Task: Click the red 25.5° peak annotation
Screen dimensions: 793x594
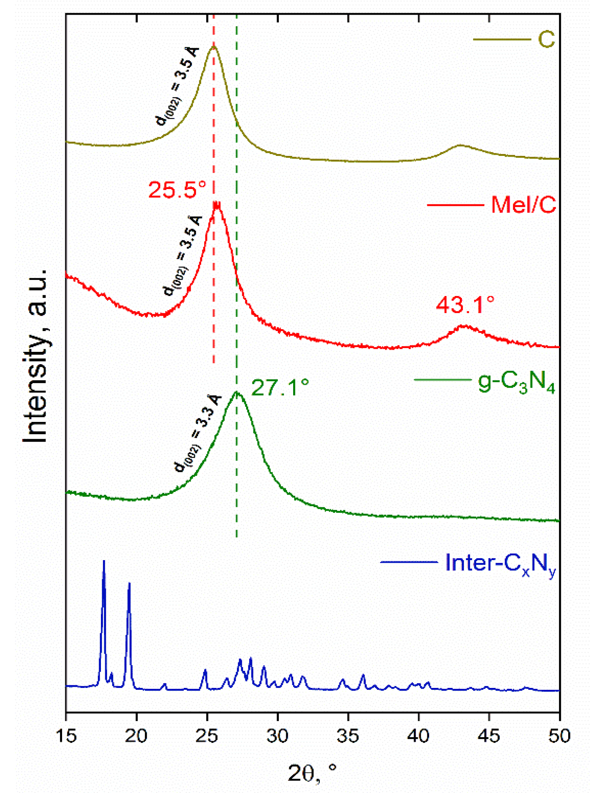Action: [x=177, y=190]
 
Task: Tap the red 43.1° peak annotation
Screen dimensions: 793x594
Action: [x=465, y=305]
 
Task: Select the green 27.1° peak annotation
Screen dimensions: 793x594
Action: [x=280, y=388]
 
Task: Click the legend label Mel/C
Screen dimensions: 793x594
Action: [x=524, y=204]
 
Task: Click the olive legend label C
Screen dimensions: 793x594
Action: [x=546, y=40]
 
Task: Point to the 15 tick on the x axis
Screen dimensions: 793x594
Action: [x=66, y=736]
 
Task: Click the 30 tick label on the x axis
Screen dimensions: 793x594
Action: [x=277, y=736]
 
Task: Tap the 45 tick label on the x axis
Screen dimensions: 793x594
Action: [x=489, y=736]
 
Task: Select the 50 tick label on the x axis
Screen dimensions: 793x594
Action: [x=559, y=736]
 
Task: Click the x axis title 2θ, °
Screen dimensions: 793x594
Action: [x=312, y=773]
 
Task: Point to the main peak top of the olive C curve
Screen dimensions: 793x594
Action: [x=213, y=46]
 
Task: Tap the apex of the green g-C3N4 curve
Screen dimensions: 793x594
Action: [x=237, y=393]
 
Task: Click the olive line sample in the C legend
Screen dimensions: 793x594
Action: [x=501, y=40]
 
